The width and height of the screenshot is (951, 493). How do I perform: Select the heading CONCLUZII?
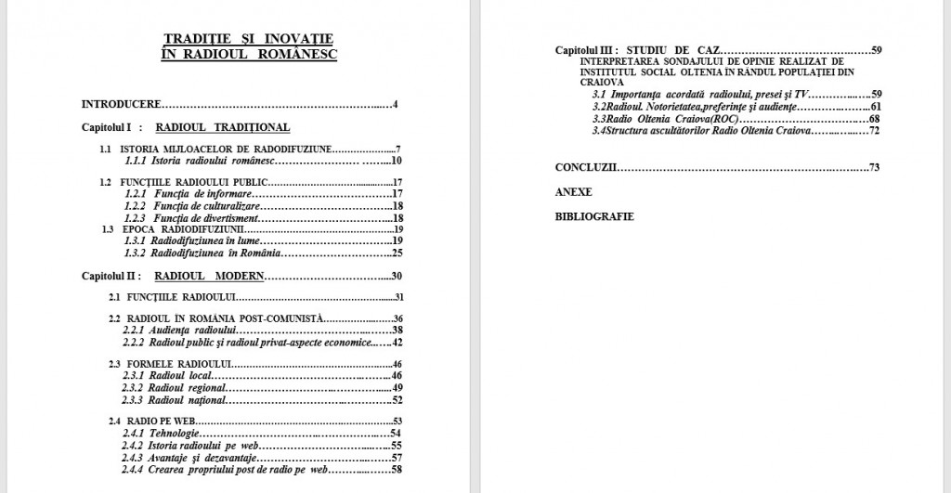point(586,167)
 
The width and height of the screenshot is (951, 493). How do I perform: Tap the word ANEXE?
point(573,191)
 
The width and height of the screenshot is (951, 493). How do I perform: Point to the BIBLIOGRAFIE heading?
point(594,215)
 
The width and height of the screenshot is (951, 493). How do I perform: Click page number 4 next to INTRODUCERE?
point(395,103)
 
